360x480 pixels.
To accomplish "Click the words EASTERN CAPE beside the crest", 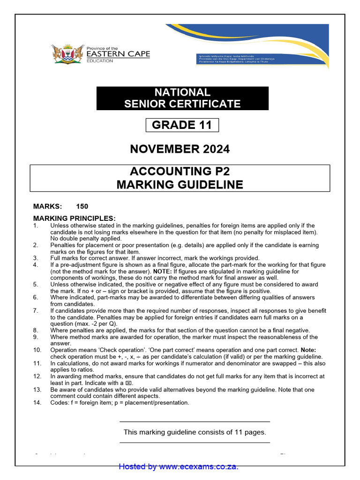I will [x=119, y=54].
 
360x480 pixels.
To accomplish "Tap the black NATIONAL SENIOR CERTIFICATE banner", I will [x=182, y=98].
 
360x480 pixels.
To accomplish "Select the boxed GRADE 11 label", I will [x=182, y=125].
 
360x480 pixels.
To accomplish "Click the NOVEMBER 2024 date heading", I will [x=180, y=149].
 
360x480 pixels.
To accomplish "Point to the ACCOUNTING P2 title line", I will [x=180, y=172].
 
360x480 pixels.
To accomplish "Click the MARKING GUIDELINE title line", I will [x=180, y=185].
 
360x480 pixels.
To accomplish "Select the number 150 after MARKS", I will [x=82, y=206].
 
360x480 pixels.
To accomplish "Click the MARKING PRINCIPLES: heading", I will [x=74, y=218].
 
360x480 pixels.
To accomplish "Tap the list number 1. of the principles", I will [x=36, y=225].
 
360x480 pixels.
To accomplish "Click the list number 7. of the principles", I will [x=36, y=311].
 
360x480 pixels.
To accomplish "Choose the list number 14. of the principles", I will [x=37, y=403].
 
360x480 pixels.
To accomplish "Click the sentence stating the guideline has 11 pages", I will [x=195, y=432].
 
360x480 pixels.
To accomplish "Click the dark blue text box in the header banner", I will [x=235, y=59].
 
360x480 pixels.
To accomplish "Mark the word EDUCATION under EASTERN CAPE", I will [x=100, y=61].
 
